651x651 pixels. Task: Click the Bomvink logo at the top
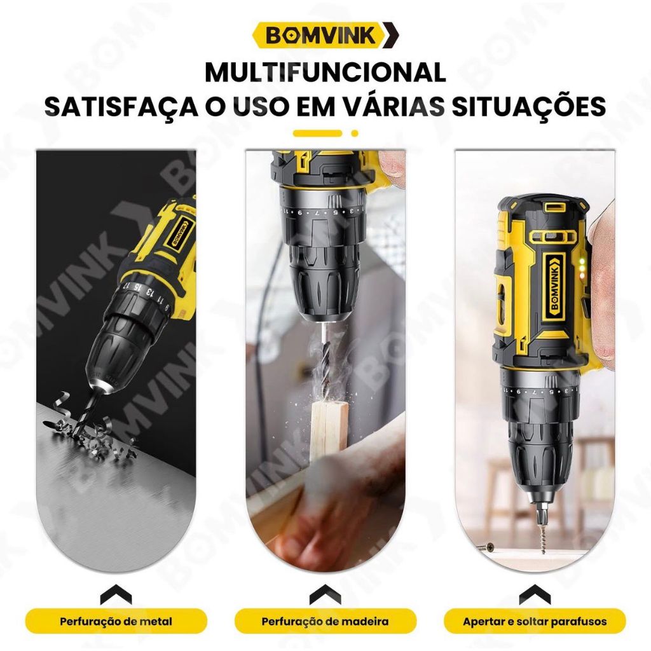pyautogui.click(x=325, y=36)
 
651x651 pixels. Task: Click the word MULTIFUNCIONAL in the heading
pyautogui.click(x=325, y=72)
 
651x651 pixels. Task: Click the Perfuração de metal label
pyautogui.click(x=116, y=622)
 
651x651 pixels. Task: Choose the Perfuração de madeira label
pyautogui.click(x=325, y=622)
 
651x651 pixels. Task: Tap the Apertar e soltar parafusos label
pyautogui.click(x=535, y=622)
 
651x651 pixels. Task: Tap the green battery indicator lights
pyautogui.click(x=582, y=268)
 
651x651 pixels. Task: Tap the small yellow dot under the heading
pyautogui.click(x=355, y=134)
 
